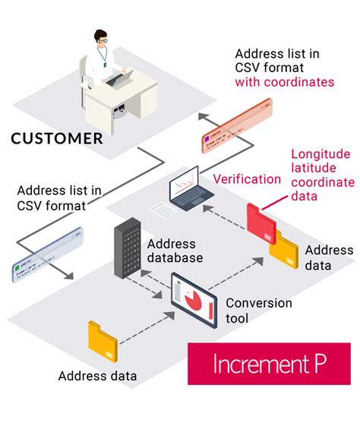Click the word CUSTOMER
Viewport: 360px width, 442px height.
pyautogui.click(x=57, y=138)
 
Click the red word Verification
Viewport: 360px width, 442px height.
pyautogui.click(x=247, y=179)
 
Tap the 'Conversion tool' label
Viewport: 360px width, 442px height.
pyautogui.click(x=258, y=311)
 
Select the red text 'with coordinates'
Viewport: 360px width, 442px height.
pyautogui.click(x=285, y=82)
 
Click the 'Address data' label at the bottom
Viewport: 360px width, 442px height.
pyautogui.click(x=98, y=375)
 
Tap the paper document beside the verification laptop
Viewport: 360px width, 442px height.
pyautogui.click(x=159, y=207)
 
